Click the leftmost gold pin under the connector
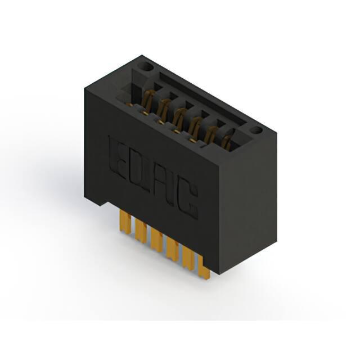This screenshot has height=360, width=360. click(x=125, y=222)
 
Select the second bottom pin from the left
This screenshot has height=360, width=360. click(x=141, y=231)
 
